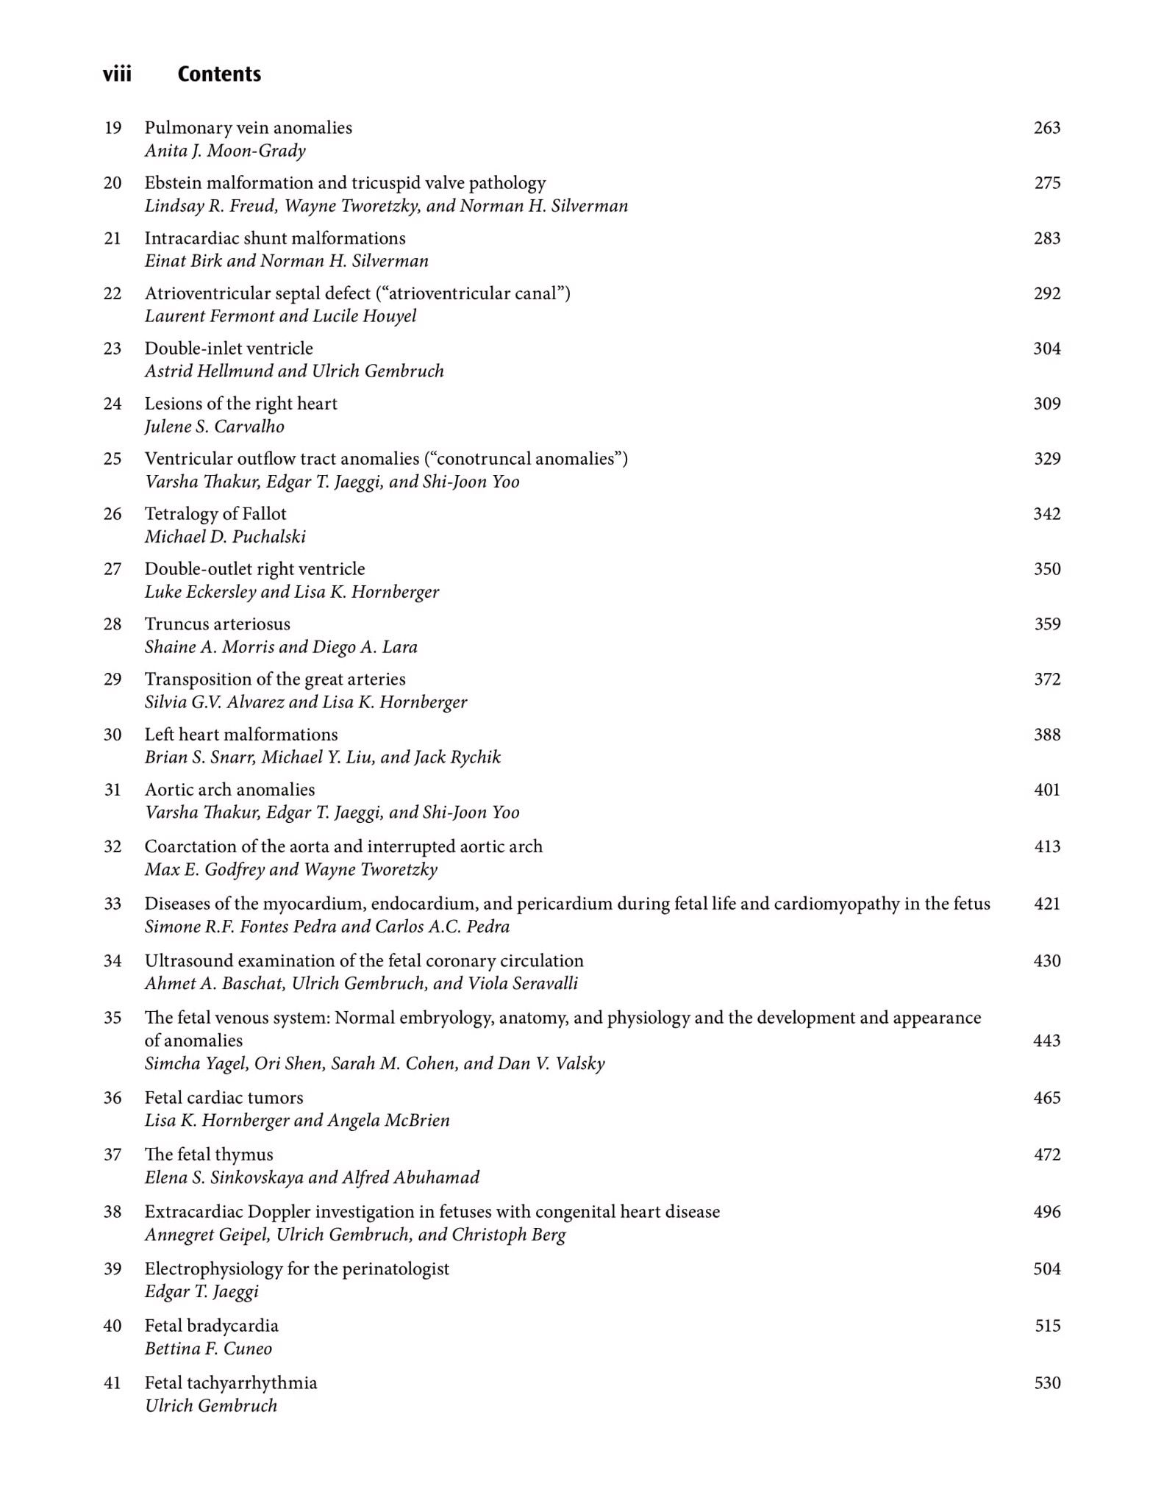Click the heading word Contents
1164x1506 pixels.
pyautogui.click(x=219, y=74)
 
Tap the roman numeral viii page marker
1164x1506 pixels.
pyautogui.click(x=117, y=74)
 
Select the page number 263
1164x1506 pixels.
pyautogui.click(x=1046, y=128)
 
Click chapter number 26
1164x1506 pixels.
pyautogui.click(x=113, y=514)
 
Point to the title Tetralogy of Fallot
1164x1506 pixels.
pyautogui.click(x=215, y=514)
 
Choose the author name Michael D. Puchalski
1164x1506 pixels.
pyautogui.click(x=225, y=537)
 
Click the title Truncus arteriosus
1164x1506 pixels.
pyautogui.click(x=217, y=624)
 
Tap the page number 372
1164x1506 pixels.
pyautogui.click(x=1046, y=679)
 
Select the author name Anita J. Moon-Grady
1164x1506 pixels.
pyautogui.click(x=225, y=151)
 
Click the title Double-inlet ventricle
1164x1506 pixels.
pyautogui.click(x=228, y=349)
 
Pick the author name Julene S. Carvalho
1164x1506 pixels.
pyautogui.click(x=214, y=427)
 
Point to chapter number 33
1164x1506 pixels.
pyautogui.click(x=113, y=904)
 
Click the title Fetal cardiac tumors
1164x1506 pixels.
pyautogui.click(x=224, y=1098)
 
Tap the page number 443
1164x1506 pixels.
pyautogui.click(x=1046, y=1041)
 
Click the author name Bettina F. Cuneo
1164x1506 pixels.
pyautogui.click(x=208, y=1349)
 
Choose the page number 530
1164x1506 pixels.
pyautogui.click(x=1046, y=1383)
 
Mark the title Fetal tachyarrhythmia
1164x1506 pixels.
pyautogui.click(x=230, y=1383)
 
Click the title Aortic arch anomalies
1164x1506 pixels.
pyautogui.click(x=229, y=790)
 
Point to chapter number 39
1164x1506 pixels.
pyautogui.click(x=113, y=1269)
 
